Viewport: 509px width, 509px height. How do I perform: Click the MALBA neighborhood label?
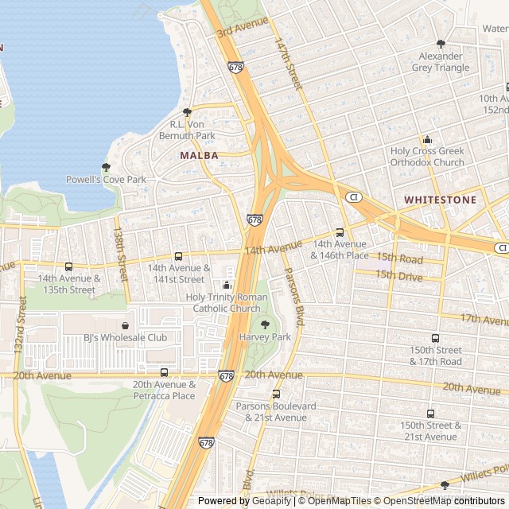(x=199, y=156)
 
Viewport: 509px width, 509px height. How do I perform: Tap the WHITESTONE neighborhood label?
(x=440, y=200)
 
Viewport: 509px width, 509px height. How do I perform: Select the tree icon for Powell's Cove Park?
(x=106, y=167)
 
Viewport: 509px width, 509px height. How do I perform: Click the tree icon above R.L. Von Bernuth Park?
(x=188, y=112)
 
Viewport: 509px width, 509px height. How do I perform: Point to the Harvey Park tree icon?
(x=265, y=324)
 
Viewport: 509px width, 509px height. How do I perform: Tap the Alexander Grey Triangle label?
(x=441, y=62)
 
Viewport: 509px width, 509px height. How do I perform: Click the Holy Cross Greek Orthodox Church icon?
(x=427, y=139)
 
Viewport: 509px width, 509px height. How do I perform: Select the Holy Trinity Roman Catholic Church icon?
(x=227, y=285)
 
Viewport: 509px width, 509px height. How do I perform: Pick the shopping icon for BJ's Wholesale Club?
(x=125, y=325)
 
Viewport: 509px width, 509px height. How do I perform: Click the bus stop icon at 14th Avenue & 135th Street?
(x=68, y=266)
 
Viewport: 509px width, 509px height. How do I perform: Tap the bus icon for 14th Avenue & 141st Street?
(x=178, y=256)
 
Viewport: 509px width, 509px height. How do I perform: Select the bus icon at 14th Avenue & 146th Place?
(x=340, y=232)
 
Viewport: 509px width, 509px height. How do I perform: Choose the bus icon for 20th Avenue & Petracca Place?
(x=164, y=372)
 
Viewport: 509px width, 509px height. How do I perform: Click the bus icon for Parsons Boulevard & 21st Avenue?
(x=276, y=394)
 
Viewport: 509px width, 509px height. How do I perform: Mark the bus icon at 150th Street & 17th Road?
(x=434, y=338)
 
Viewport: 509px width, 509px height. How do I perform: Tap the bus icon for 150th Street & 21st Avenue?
(x=430, y=414)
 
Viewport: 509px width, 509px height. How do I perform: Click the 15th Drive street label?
(x=399, y=274)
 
